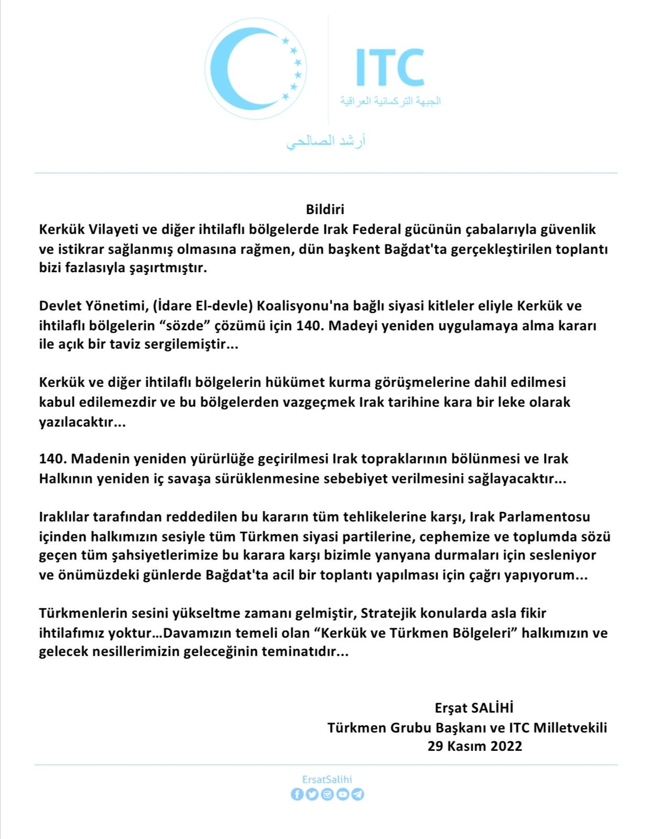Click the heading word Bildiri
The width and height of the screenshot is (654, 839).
pyautogui.click(x=325, y=210)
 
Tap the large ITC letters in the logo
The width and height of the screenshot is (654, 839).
pyautogui.click(x=389, y=68)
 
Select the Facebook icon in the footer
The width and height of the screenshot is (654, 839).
pyautogui.click(x=297, y=794)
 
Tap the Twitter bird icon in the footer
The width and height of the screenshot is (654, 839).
pyautogui.click(x=312, y=794)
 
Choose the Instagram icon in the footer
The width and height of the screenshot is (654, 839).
pyautogui.click(x=328, y=794)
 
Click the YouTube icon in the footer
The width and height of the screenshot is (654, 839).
pyautogui.click(x=343, y=794)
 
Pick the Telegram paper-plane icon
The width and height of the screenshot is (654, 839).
pyautogui.click(x=358, y=794)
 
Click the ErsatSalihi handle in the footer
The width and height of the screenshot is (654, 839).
pyautogui.click(x=327, y=780)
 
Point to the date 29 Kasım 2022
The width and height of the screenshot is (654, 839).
pyautogui.click(x=475, y=746)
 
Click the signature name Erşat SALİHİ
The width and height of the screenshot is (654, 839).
pyautogui.click(x=474, y=708)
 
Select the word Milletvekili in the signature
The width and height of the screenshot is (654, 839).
pyautogui.click(x=570, y=727)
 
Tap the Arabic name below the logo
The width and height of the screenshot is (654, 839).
pyautogui.click(x=326, y=142)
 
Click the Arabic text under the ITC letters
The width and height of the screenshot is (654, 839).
pyautogui.click(x=390, y=101)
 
